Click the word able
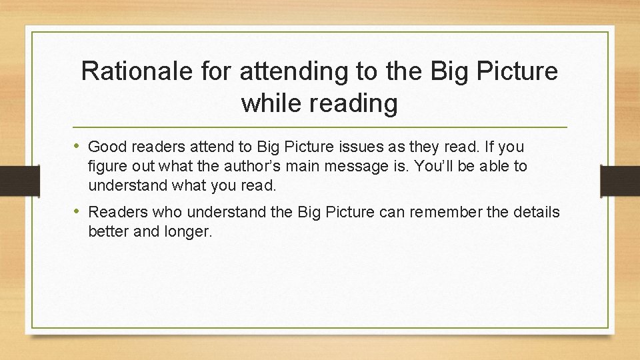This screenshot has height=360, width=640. [495, 166]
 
